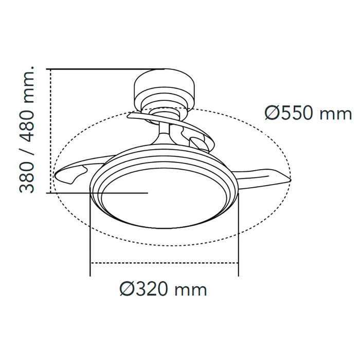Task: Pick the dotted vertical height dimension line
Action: [51, 131]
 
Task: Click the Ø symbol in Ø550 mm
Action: [273, 113]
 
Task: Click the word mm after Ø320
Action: [192, 290]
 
